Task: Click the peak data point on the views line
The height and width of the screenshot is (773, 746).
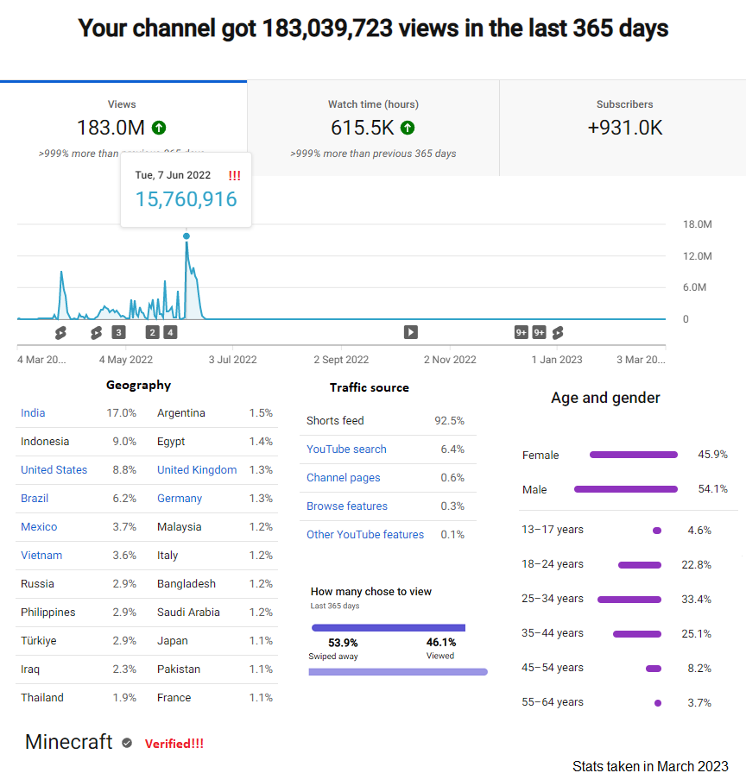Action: pyautogui.click(x=186, y=236)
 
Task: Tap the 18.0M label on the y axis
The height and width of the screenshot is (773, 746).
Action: pyautogui.click(x=697, y=224)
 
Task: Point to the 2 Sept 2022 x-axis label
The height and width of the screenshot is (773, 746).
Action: pyautogui.click(x=341, y=360)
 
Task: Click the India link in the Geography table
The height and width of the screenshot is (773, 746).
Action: pyautogui.click(x=33, y=413)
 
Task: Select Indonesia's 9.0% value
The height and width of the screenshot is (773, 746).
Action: pyautogui.click(x=124, y=441)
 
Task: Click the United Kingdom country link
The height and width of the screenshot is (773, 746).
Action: pyautogui.click(x=197, y=470)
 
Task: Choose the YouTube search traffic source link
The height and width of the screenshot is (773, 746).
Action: pyautogui.click(x=346, y=449)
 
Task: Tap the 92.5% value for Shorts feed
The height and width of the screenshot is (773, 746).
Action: pyautogui.click(x=450, y=420)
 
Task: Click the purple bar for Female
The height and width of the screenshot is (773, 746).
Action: pyautogui.click(x=634, y=455)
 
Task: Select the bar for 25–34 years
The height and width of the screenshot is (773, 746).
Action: pyautogui.click(x=629, y=600)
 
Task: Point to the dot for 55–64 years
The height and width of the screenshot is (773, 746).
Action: pyautogui.click(x=658, y=703)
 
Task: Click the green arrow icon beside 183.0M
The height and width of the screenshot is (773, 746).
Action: pyautogui.click(x=159, y=128)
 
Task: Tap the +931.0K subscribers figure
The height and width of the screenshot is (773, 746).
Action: pyautogui.click(x=624, y=128)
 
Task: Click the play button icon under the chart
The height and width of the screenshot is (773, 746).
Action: pyautogui.click(x=411, y=332)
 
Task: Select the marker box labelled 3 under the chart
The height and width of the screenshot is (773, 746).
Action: pyautogui.click(x=118, y=332)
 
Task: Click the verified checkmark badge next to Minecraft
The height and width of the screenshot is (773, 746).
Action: pyautogui.click(x=127, y=743)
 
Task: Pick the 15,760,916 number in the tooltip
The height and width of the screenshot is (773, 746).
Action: pyautogui.click(x=186, y=199)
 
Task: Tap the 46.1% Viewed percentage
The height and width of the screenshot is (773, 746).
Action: pyautogui.click(x=441, y=643)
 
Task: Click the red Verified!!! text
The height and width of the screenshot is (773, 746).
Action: pyautogui.click(x=174, y=744)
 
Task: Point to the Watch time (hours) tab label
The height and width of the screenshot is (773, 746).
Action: pyautogui.click(x=374, y=104)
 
